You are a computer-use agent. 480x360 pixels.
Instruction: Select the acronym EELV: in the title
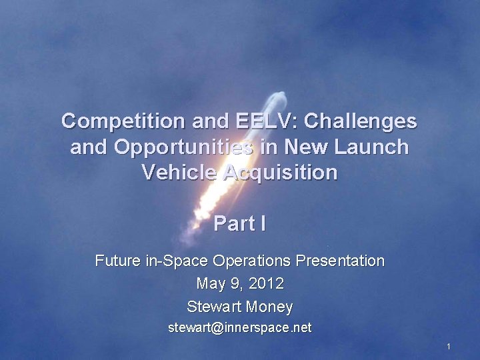tap(260, 121)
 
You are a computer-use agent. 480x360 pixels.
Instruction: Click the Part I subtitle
tap(239, 224)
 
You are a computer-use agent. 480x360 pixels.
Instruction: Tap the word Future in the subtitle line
tap(118, 261)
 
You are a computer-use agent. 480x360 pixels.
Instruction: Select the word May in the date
tap(211, 283)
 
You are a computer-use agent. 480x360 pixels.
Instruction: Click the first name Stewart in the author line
tap(213, 307)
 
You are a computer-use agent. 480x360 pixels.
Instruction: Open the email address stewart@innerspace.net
tap(239, 328)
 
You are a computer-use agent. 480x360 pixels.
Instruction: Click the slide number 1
tap(449, 347)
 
